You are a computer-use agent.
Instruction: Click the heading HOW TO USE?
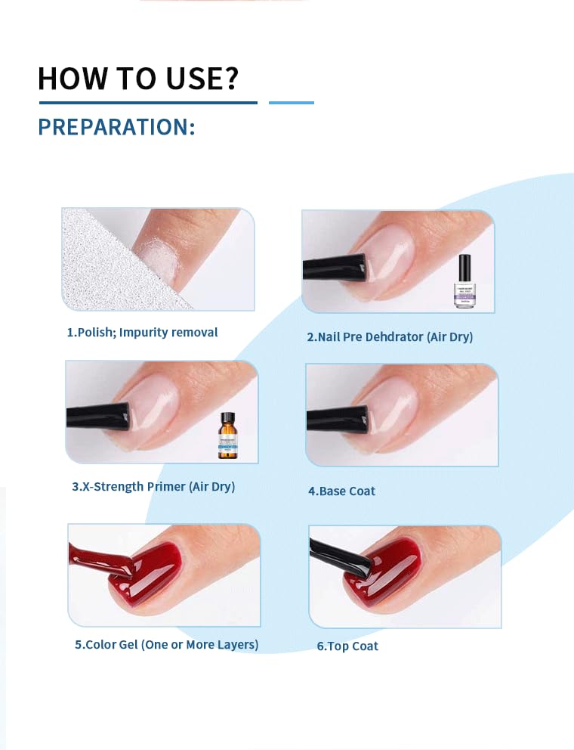(x=138, y=79)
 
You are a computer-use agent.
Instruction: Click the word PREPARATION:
(x=116, y=127)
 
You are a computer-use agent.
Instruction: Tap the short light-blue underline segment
(x=292, y=102)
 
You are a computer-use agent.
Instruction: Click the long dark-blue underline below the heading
(x=147, y=102)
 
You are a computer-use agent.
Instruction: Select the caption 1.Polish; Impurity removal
(x=142, y=332)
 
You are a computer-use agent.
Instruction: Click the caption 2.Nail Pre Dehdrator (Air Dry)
(x=390, y=336)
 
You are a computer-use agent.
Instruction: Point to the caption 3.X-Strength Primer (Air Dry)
(x=153, y=486)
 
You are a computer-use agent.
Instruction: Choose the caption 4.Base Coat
(x=341, y=491)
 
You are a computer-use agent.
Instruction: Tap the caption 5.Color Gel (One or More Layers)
(x=167, y=644)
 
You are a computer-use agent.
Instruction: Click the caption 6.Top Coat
(x=347, y=646)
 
